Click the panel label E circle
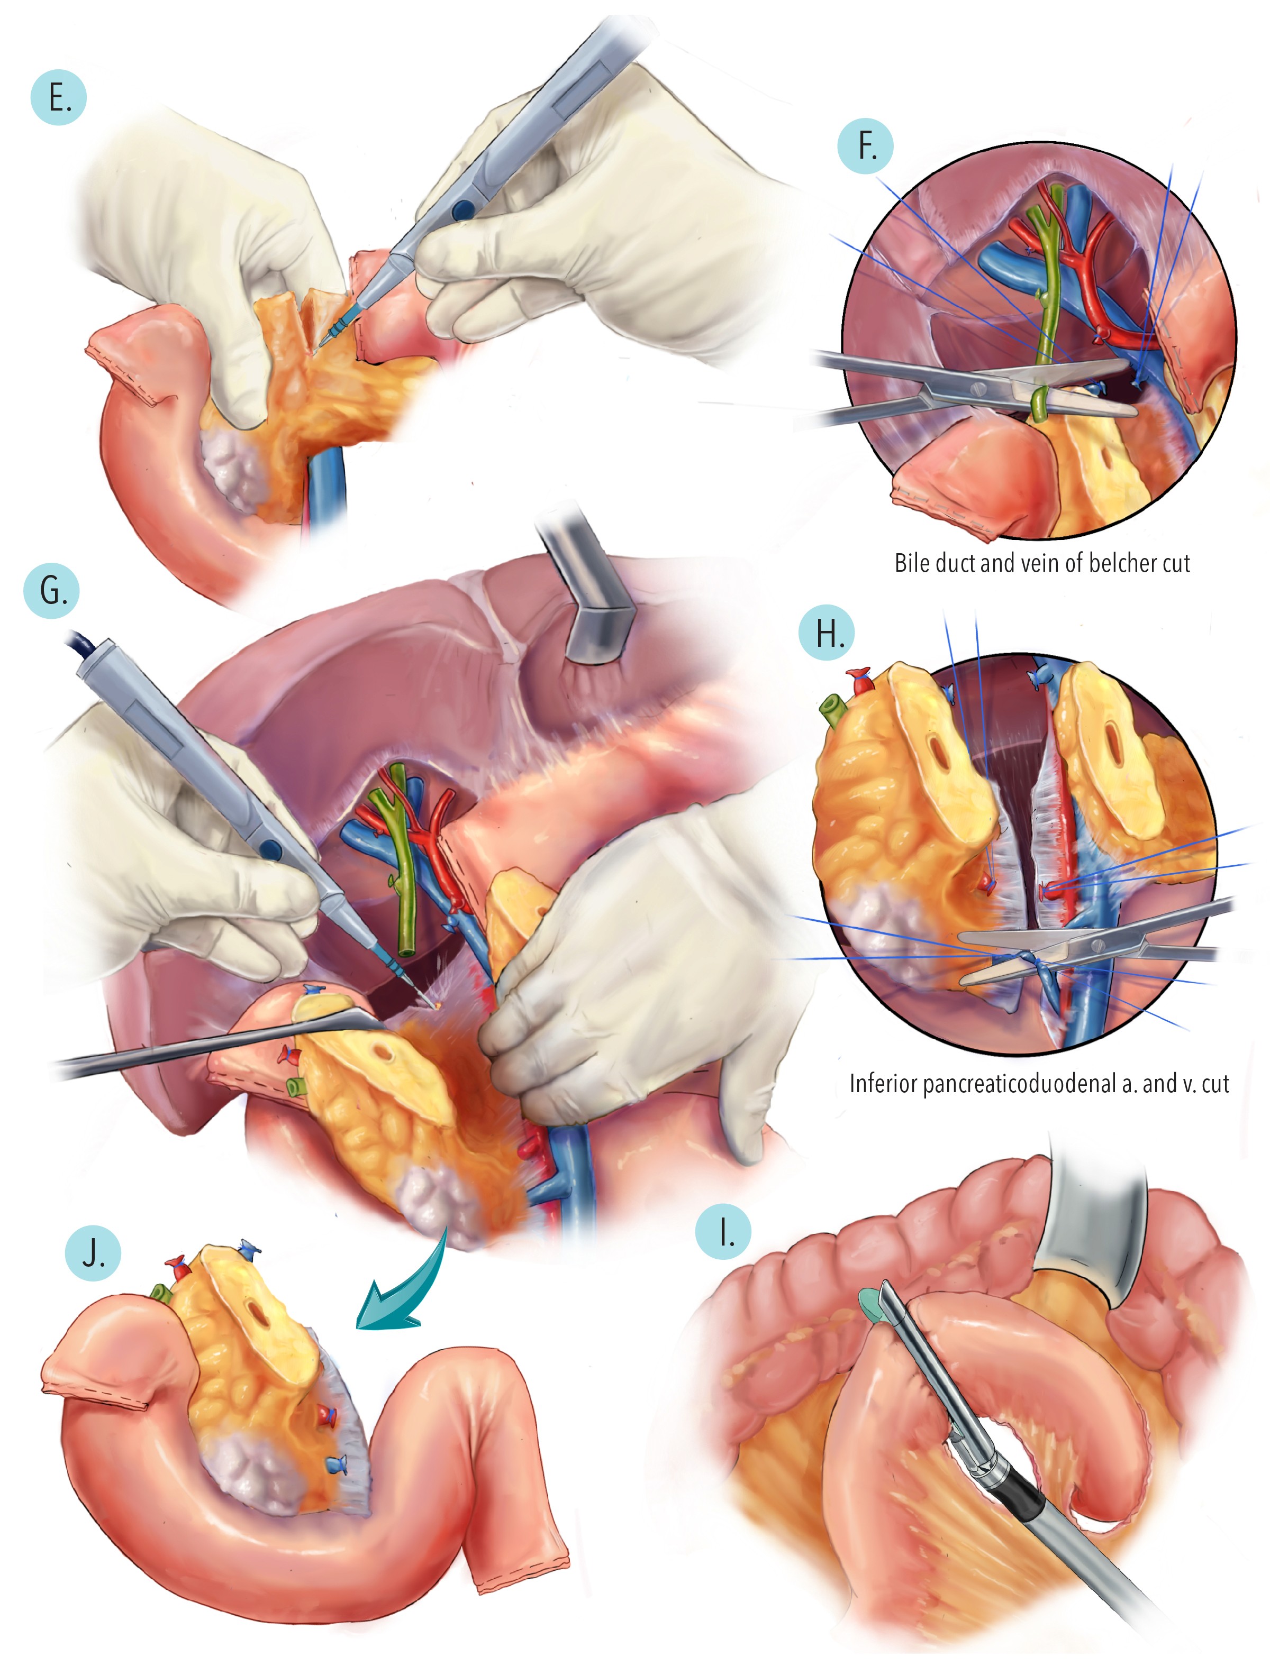58,97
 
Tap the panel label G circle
51,590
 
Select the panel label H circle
827,633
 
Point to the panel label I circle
723,1232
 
